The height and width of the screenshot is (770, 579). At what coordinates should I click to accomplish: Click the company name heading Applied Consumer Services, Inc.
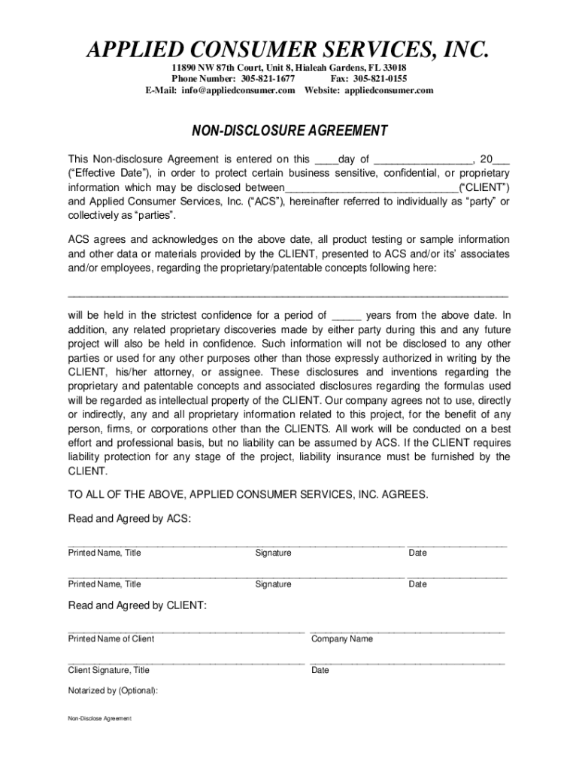(289, 50)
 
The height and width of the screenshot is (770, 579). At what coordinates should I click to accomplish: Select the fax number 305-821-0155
(380, 79)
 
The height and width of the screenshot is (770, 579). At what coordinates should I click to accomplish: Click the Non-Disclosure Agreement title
(289, 132)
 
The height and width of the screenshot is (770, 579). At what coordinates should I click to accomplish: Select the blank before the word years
(347, 317)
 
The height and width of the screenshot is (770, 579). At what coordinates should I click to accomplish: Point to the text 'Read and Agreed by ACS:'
(129, 519)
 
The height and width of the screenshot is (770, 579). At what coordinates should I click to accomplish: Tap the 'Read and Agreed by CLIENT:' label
(137, 605)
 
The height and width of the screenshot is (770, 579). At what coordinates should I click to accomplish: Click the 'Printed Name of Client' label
(111, 639)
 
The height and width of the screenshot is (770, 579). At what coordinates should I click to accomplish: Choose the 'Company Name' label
(341, 639)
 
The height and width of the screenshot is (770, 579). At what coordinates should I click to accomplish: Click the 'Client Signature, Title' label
(108, 671)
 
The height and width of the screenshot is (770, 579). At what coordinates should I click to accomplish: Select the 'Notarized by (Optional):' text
(113, 691)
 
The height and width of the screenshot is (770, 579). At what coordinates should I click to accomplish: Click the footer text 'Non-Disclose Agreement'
(99, 719)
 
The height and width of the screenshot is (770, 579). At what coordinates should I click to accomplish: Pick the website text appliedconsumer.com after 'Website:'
(389, 90)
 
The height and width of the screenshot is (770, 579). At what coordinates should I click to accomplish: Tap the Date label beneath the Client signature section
(320, 671)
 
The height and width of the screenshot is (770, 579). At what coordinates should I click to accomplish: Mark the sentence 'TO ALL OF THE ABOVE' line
(248, 494)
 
